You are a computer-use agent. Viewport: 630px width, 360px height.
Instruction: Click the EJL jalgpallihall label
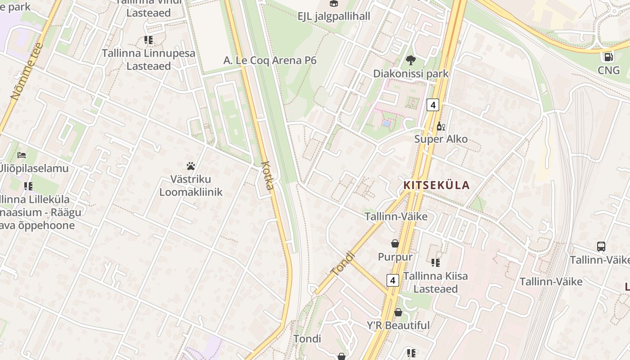tap(334, 17)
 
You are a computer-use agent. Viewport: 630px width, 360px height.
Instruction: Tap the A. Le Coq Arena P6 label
tap(270, 61)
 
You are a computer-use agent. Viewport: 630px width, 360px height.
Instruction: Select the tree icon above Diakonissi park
tap(410, 60)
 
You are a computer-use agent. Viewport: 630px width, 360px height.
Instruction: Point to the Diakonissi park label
tap(410, 73)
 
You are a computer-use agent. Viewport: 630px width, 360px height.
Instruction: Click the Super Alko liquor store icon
tap(441, 126)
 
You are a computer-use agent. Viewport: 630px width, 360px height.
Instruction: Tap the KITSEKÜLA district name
tap(436, 185)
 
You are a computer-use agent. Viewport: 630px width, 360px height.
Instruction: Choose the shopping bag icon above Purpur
tap(395, 243)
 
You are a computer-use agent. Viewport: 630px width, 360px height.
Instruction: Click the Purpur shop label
tap(395, 257)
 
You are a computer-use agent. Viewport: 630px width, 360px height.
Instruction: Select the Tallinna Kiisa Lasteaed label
tap(435, 282)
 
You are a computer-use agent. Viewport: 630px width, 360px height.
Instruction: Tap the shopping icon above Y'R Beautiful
tap(398, 312)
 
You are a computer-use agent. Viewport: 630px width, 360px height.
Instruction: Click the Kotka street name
tap(267, 175)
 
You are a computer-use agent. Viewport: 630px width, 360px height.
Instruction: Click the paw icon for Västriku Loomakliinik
tap(191, 166)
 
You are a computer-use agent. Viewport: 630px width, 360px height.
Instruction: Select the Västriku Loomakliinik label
tap(191, 185)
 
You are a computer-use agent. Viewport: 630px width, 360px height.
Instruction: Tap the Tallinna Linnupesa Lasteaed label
tap(148, 59)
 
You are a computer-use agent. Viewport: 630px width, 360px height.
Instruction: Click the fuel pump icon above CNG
tap(608, 57)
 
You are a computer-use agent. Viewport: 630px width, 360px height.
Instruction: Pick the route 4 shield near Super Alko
tap(432, 105)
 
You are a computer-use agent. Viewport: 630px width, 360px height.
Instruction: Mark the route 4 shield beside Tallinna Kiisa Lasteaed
tap(393, 280)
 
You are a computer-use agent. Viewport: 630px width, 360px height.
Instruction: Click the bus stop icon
tap(601, 246)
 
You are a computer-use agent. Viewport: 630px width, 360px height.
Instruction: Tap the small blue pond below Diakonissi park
tap(386, 123)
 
